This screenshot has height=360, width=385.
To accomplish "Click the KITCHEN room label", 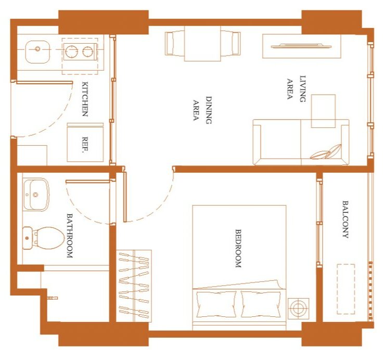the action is [85, 99].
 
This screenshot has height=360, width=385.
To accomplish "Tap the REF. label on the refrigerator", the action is [85, 145].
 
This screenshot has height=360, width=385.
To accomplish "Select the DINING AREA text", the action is [202, 110].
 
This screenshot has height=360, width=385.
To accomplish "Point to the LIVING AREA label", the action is [297, 88].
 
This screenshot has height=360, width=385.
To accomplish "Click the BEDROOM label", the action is [238, 248].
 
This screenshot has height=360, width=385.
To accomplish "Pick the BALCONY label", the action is [345, 220].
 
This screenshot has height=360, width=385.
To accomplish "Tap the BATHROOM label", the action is [70, 236].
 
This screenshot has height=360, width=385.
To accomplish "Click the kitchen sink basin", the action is [37, 52].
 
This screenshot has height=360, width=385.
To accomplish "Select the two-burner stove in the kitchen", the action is [80, 52].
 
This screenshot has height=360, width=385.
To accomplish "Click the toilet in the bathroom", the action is [43, 238].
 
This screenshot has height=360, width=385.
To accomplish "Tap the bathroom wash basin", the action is [36, 195].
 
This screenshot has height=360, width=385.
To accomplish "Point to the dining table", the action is [202, 44].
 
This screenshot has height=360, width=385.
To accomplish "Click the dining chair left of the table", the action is [175, 43].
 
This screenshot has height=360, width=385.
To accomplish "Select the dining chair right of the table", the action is [230, 43].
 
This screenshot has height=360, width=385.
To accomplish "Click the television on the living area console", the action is [301, 46].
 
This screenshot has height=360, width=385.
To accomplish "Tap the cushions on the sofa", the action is [326, 152].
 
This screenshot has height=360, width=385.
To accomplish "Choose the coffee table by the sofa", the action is [324, 111].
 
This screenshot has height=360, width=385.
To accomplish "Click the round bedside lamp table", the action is [298, 308].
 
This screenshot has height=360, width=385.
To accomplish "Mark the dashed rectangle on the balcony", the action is [345, 289].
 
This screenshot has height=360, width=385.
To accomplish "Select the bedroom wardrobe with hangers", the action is [134, 286].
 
